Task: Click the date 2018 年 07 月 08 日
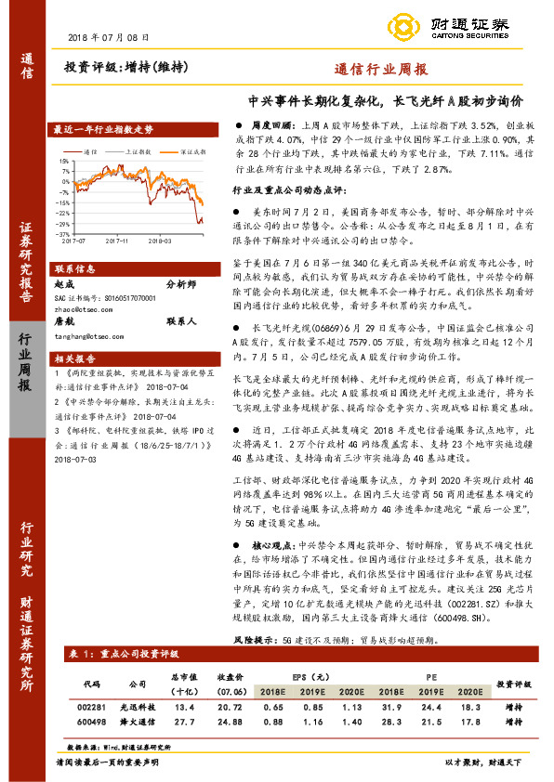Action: click(109, 36)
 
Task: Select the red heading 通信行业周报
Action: click(380, 70)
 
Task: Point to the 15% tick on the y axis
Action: click(63, 161)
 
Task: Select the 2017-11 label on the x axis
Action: click(117, 241)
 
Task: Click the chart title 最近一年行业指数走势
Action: click(102, 130)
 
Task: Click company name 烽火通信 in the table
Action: click(138, 721)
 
